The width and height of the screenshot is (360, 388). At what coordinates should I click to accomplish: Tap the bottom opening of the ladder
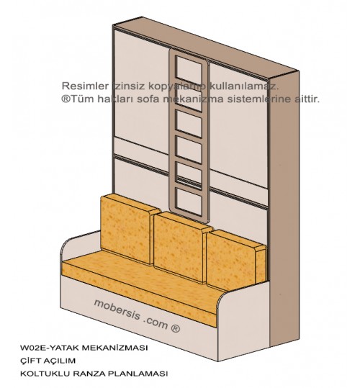pos(189,202)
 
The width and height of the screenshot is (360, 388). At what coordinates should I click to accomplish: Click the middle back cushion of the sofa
pos(181,247)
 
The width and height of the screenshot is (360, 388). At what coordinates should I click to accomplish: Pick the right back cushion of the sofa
pos(236,259)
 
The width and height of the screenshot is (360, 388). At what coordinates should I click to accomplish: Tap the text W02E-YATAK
pos(50,348)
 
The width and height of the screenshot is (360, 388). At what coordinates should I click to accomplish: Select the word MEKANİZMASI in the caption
pos(114,348)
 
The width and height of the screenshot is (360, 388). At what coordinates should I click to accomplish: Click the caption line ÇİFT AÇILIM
pos(48,361)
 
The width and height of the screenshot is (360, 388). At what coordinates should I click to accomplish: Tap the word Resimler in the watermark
pos(85,86)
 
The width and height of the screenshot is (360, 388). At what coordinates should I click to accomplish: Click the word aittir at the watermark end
pos(307,99)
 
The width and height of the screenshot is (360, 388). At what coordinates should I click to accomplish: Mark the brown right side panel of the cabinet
pos(284,210)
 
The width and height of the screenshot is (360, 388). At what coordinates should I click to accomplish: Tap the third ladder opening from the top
pos(189,124)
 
